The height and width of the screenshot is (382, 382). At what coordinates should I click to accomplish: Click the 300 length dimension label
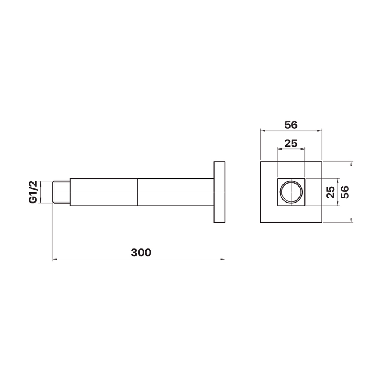pyautogui.click(x=141, y=253)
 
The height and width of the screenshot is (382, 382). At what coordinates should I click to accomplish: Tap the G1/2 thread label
pyautogui.click(x=33, y=192)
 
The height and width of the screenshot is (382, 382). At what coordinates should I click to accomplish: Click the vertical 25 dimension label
pyautogui.click(x=331, y=192)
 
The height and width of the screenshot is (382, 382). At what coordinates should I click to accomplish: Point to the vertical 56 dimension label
pyautogui.click(x=345, y=192)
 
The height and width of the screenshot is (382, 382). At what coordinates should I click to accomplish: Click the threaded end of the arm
pyautogui.click(x=62, y=192)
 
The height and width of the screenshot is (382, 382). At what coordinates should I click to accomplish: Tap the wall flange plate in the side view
pyautogui.click(x=219, y=192)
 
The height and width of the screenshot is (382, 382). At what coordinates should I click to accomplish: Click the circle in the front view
pyautogui.click(x=291, y=181)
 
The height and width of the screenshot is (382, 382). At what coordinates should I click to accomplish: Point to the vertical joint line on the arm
pyautogui.click(x=138, y=192)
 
